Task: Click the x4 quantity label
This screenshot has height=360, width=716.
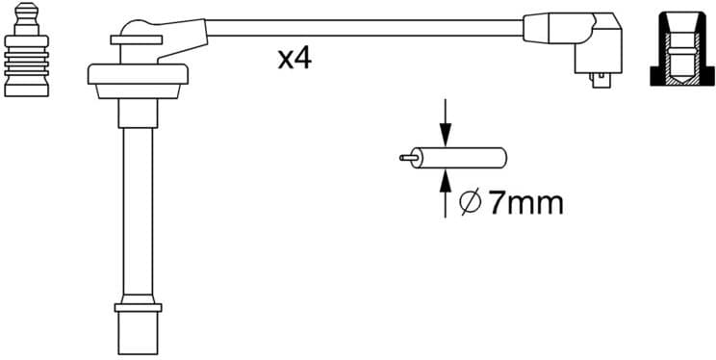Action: click(294, 59)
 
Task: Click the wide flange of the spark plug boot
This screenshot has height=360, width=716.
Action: click(136, 73)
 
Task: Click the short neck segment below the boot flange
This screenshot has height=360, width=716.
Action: click(135, 114)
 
